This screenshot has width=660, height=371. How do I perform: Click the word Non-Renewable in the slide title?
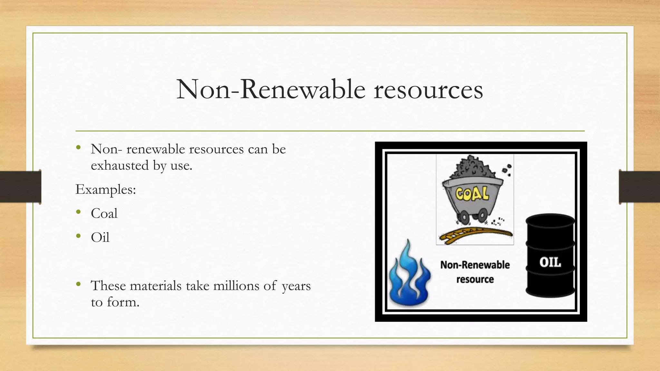(271, 89)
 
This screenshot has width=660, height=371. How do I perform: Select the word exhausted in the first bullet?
(120, 166)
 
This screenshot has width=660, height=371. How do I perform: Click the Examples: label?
(106, 189)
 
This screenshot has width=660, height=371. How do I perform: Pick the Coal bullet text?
(104, 214)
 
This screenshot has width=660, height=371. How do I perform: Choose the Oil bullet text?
(100, 238)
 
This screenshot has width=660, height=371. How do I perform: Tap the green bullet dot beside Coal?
(78, 212)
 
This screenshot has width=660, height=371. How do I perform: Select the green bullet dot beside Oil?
(78, 236)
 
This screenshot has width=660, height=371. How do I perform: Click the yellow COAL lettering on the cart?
(472, 194)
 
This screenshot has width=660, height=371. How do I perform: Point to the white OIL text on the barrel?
(550, 262)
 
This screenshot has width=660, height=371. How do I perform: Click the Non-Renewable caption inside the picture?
(475, 265)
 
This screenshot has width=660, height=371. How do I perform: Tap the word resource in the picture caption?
(475, 279)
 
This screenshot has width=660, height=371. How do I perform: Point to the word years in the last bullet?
(296, 286)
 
